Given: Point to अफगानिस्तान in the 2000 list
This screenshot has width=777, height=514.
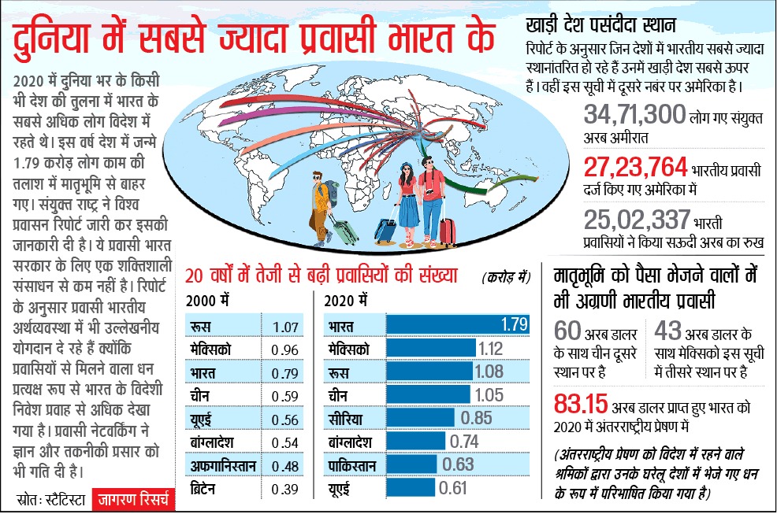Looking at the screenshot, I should tap(223, 466).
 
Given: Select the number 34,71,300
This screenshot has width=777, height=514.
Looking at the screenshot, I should tap(635, 116).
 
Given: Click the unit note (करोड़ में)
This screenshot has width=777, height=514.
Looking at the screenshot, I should tap(506, 277).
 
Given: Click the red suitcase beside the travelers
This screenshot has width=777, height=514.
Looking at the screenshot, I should tap(447, 230).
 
